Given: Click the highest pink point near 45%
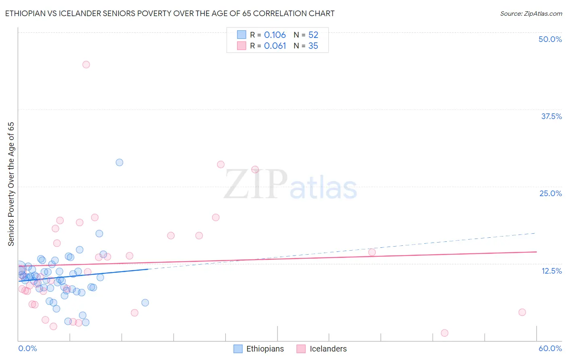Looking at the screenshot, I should coord(86,65).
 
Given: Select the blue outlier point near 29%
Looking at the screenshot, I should coord(119,162).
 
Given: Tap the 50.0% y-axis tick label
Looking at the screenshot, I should coord(550,39).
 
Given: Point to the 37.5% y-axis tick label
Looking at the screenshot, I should coord(551,116).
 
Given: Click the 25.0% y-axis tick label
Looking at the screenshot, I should coord(550,193).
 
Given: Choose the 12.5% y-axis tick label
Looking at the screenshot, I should coord(551,271).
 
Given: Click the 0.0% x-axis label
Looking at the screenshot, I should coord(27,349).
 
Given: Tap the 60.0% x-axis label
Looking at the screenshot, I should coord(550,349).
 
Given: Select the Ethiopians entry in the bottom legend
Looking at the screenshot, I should coord(259,349).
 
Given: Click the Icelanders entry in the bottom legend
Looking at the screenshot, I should coord(322,349).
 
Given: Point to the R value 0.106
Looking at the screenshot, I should coord(275,35).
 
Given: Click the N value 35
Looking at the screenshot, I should coord(313,46).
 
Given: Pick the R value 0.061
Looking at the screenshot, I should coord(275,46).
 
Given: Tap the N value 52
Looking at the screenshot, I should coord(313,35).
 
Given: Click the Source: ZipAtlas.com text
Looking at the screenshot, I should coord(531,14).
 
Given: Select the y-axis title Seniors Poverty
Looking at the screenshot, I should coord(11,184).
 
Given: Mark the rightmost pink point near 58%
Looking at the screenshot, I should coord(522,312).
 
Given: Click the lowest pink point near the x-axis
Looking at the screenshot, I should coord(444,333).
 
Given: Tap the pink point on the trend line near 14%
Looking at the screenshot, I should coord(372,252).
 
